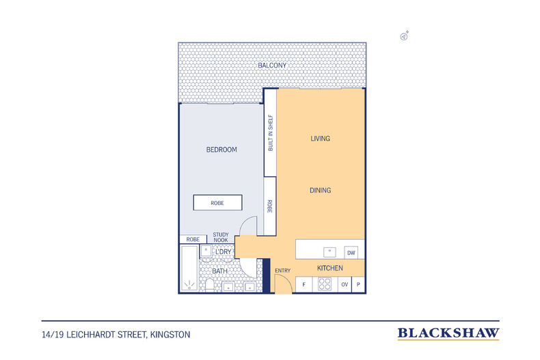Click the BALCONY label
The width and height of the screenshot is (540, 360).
271,66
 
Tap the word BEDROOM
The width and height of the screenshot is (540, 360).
221,150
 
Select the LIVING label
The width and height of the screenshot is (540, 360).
320,139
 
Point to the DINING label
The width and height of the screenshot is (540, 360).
320,191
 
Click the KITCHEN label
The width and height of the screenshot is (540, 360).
329,268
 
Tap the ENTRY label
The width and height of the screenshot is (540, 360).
283,271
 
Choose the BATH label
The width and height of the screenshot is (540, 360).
219,271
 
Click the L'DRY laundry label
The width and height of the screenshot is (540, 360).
224,252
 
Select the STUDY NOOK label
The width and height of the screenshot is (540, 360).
221,236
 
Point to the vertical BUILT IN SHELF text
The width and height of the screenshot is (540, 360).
271,133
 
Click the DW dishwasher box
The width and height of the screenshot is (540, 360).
351,252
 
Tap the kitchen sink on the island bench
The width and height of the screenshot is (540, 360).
329,251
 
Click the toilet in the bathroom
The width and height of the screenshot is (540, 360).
208,285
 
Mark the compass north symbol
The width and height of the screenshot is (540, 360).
405,36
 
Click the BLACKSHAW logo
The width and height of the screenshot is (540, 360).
448,333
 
